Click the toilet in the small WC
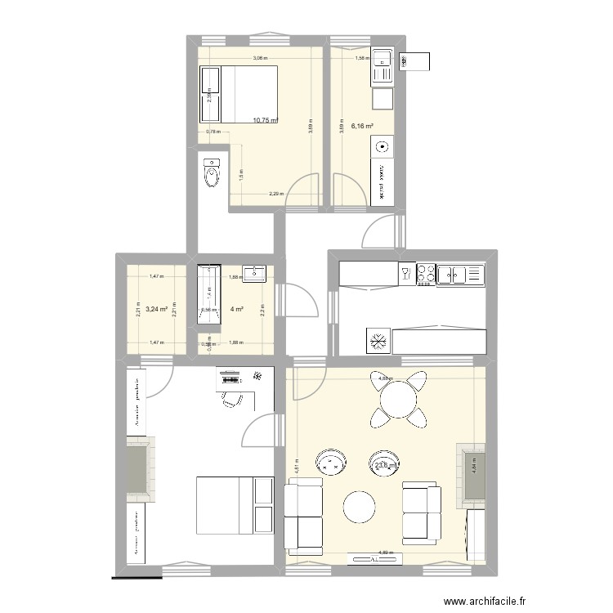(212, 172)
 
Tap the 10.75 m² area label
(266, 120)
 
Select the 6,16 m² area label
(362, 127)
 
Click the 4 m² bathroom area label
(238, 309)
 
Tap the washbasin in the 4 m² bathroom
(257, 272)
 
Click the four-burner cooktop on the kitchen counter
(426, 275)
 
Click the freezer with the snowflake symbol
(378, 340)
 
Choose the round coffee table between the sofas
(360, 507)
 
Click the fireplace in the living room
(472, 474)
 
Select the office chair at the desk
(232, 400)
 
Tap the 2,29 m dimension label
(276, 194)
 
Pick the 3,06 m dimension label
(260, 58)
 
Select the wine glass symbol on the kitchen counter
(405, 273)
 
